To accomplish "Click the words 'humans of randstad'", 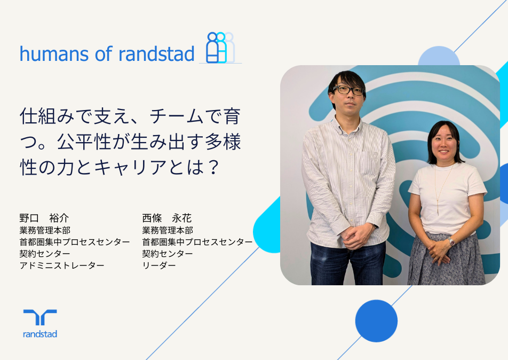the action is [x=107, y=54].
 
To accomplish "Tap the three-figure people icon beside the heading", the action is [x=220, y=48].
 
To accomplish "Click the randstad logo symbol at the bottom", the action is [x=40, y=317].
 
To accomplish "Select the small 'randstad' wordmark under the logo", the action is [x=40, y=334].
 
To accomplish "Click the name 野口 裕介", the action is [x=44, y=218].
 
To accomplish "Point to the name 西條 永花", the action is [x=167, y=218].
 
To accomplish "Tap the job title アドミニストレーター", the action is [x=62, y=265].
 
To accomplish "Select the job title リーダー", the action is [x=159, y=265].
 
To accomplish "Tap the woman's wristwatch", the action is [x=451, y=241].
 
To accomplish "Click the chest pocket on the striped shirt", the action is [x=370, y=163].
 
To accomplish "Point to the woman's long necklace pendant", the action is [x=438, y=208].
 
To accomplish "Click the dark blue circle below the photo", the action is [x=376, y=321].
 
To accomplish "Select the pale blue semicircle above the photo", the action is [x=439, y=57].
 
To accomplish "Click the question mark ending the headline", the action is [x=213, y=167].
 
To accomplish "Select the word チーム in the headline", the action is [x=176, y=116].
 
